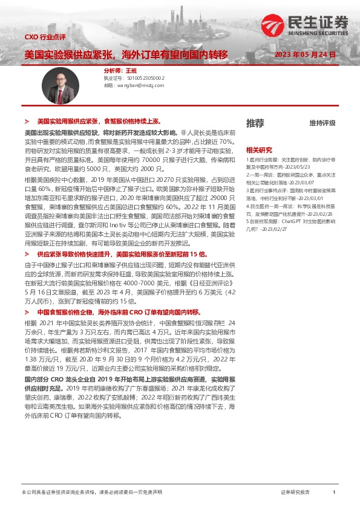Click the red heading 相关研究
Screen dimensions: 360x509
258,149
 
